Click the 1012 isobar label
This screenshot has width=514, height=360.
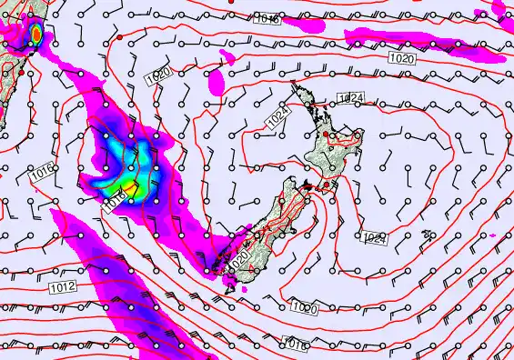click(x=64, y=286)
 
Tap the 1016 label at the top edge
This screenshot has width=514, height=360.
click(x=267, y=19)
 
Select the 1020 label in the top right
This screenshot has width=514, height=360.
click(x=401, y=58)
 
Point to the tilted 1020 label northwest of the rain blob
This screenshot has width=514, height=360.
click(x=156, y=79)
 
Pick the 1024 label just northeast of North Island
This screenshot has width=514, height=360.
click(x=350, y=97)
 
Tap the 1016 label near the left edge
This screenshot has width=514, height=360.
click(x=40, y=173)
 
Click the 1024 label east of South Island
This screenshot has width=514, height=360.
click(x=374, y=238)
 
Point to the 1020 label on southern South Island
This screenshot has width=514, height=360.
click(x=239, y=258)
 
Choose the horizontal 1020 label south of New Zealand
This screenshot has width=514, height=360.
click(x=305, y=308)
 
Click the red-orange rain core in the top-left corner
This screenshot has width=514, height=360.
click(x=35, y=34)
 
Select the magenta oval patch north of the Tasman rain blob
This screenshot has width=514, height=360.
click(x=217, y=83)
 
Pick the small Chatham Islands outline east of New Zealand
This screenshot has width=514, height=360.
click(x=428, y=235)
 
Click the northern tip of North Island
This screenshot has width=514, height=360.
click(x=292, y=85)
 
